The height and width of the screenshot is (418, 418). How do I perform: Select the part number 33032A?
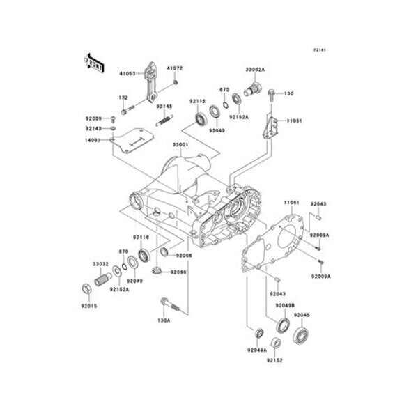(x=254, y=70)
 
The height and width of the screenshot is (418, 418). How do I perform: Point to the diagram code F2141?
(x=320, y=51)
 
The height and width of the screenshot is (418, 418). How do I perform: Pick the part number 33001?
(x=180, y=144)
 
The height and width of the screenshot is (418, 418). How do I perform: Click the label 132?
(x=123, y=98)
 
